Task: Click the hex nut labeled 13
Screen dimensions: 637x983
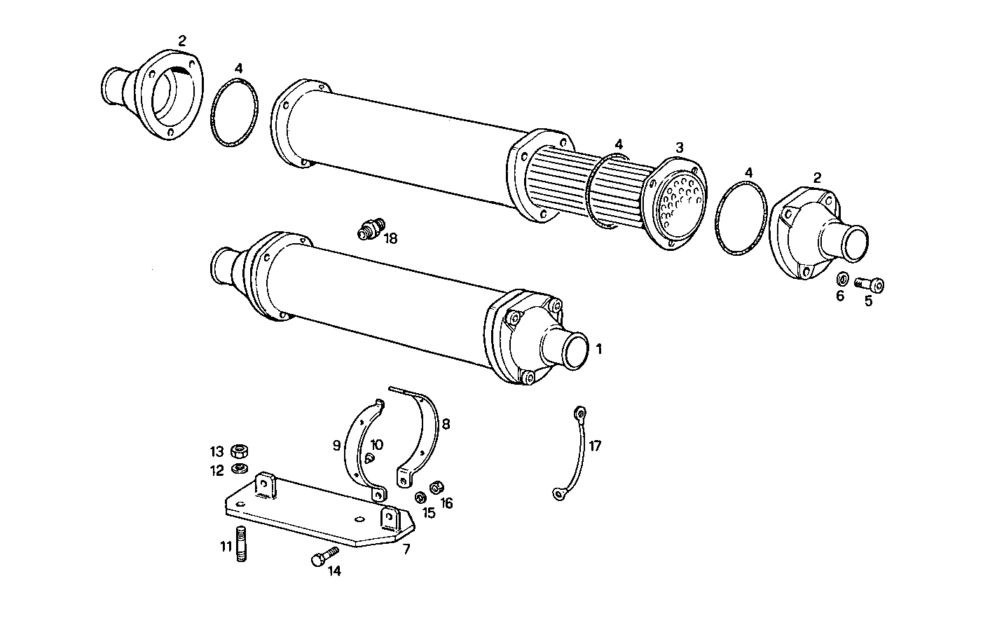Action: pyautogui.click(x=239, y=451)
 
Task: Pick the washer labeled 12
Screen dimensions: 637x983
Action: pyautogui.click(x=239, y=468)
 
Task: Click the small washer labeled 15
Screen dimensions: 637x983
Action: pyautogui.click(x=420, y=498)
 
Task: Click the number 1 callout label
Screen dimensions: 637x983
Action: pyautogui.click(x=598, y=348)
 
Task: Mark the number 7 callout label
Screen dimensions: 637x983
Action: pyautogui.click(x=406, y=549)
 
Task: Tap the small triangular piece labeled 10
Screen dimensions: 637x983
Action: pyautogui.click(x=369, y=458)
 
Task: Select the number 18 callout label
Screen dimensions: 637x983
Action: pyautogui.click(x=390, y=238)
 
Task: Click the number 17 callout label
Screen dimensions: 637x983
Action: pyautogui.click(x=594, y=446)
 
